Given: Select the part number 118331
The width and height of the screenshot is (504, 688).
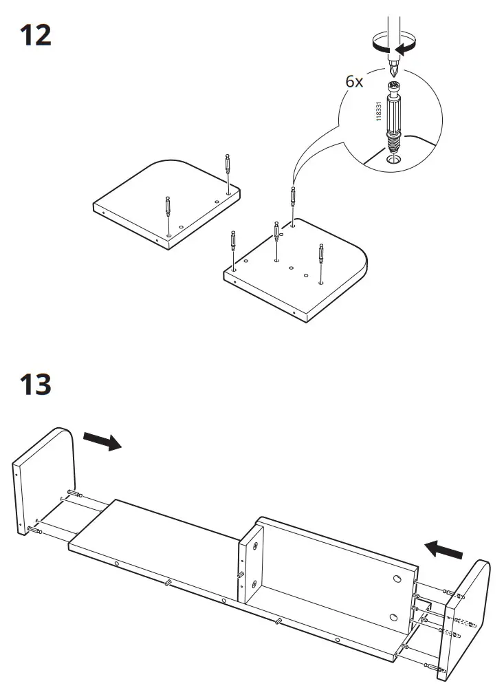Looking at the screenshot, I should (378, 111).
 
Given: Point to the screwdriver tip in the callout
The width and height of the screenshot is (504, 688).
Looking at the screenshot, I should (394, 69).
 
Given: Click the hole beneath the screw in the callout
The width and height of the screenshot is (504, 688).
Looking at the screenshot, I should (394, 160).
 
